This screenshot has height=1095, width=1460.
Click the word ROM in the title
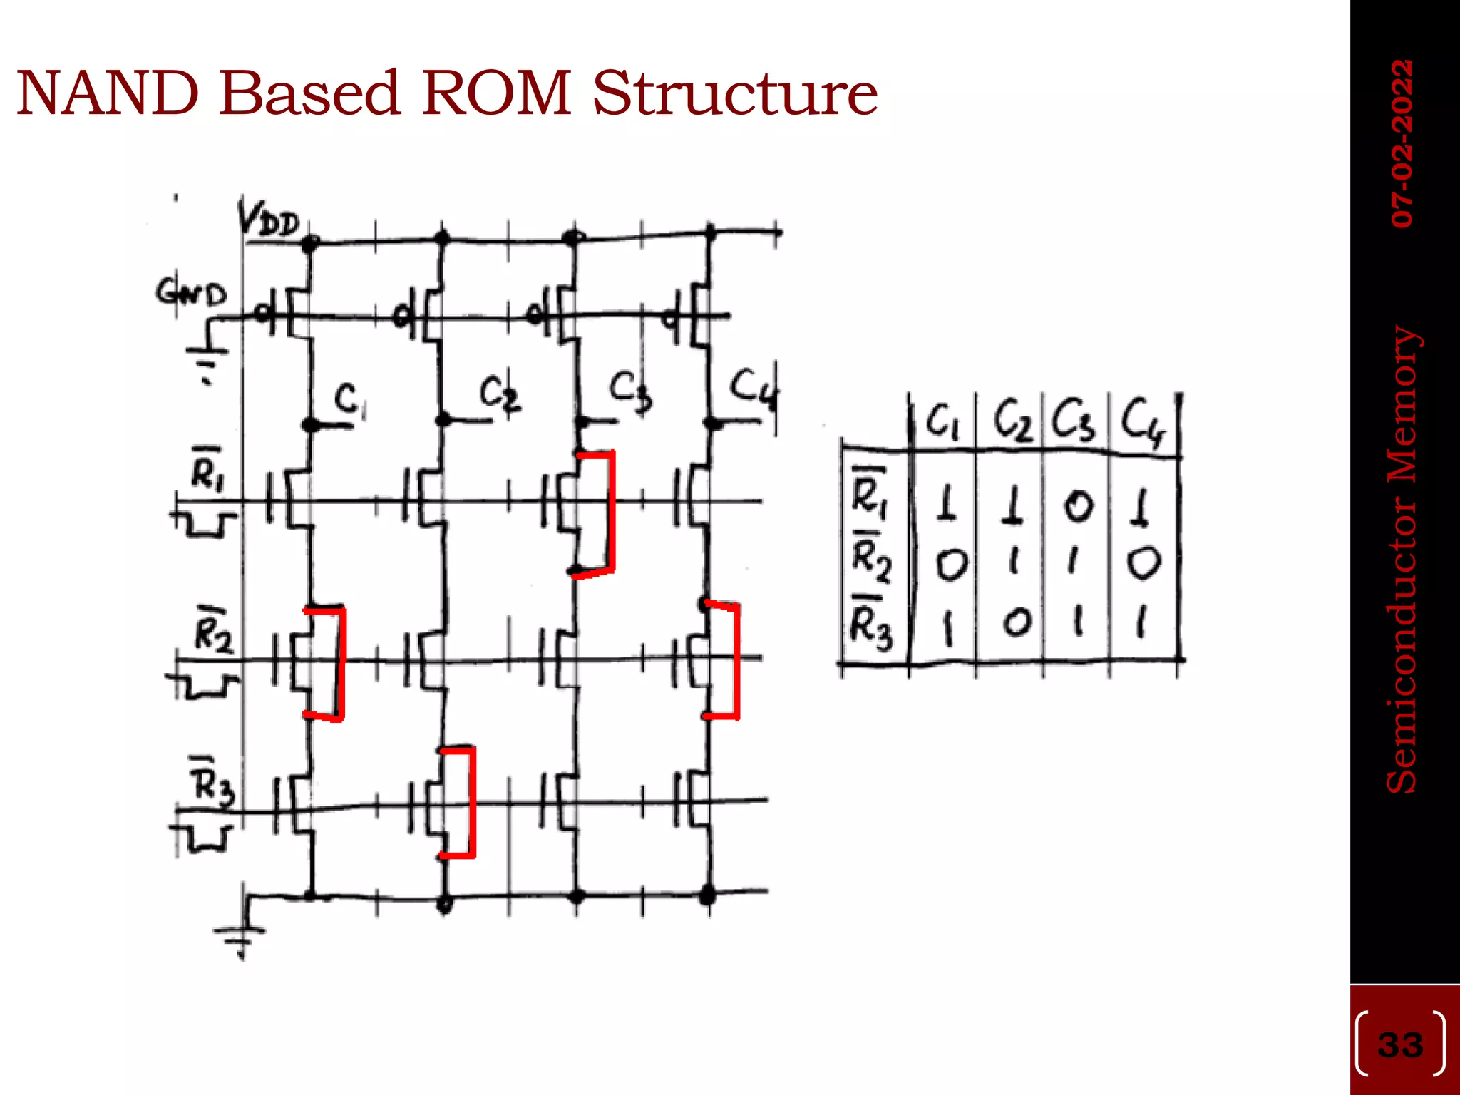pyautogui.click(x=497, y=94)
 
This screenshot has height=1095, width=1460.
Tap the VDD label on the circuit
pyautogui.click(x=269, y=220)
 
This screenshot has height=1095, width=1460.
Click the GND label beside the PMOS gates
pyautogui.click(x=190, y=293)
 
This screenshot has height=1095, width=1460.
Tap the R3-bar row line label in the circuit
pyautogui.click(x=212, y=783)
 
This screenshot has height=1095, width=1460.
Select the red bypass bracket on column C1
pyautogui.click(x=341, y=663)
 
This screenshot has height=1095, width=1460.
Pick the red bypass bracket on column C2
pyautogui.click(x=471, y=801)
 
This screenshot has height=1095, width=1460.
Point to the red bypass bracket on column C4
pyautogui.click(x=736, y=660)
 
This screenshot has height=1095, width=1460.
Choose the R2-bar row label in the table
pyautogui.click(x=872, y=558)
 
